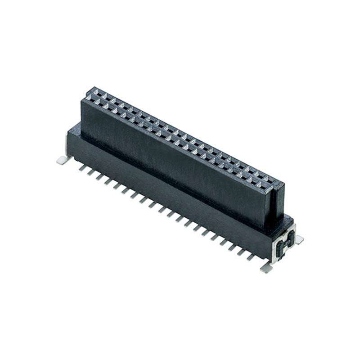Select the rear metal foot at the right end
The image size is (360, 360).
point(299,240)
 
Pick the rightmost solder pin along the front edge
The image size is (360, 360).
point(253,257)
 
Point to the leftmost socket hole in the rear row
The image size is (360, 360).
point(95,92)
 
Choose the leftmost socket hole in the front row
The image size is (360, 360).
point(89,100)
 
